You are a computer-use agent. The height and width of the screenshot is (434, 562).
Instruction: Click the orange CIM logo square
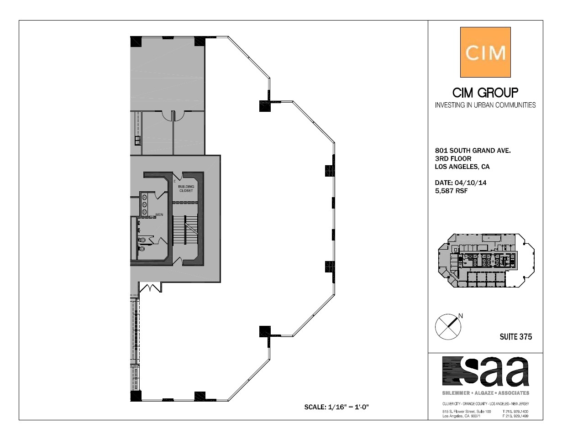click(x=485, y=52)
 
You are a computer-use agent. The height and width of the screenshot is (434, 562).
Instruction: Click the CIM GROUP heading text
click(x=485, y=93)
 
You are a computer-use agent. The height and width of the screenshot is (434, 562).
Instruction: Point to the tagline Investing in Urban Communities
click(x=485, y=105)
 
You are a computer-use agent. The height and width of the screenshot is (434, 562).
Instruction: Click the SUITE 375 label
click(x=516, y=337)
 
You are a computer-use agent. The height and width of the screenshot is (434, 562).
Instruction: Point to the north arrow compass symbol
click(x=448, y=326)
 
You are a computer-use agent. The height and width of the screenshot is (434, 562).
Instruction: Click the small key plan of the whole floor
click(x=485, y=260)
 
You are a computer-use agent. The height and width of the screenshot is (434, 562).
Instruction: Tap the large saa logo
click(x=485, y=371)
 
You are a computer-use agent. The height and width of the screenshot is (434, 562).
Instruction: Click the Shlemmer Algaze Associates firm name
click(x=485, y=393)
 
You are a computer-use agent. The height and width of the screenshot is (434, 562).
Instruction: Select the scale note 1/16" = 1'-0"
click(x=336, y=407)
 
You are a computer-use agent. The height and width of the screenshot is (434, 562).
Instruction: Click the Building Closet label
click(x=186, y=188)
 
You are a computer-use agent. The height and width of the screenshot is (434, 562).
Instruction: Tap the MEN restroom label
click(x=159, y=214)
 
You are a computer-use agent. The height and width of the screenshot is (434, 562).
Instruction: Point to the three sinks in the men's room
click(x=145, y=204)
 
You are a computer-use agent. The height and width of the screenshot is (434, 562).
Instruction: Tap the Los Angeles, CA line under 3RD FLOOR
click(x=462, y=167)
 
